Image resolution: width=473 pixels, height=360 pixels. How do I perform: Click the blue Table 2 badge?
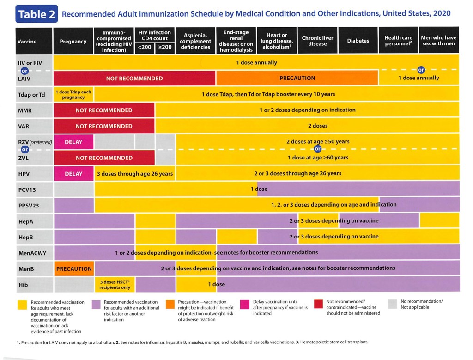coord(36,14)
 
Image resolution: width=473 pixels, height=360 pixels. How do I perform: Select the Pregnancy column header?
coord(73,41)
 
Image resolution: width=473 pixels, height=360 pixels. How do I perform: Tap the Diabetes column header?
coord(358,41)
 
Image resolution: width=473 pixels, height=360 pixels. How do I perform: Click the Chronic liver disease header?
coord(317,41)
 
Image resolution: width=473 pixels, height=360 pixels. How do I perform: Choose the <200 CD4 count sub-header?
coord(145,47)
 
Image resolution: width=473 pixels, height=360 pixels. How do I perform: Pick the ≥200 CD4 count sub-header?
coord(164,47)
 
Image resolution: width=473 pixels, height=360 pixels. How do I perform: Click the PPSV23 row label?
coord(27,205)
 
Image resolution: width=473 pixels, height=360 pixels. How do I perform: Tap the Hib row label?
coord(23,284)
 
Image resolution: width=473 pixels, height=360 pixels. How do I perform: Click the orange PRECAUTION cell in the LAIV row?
coord(297,78)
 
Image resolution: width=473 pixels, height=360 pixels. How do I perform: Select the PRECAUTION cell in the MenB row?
coord(74,268)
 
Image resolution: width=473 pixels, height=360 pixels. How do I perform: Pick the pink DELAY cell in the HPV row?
coord(73,174)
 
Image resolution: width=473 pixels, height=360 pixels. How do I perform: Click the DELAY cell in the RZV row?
coord(73,142)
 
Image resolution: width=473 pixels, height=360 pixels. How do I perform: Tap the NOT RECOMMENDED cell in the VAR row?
coord(104,126)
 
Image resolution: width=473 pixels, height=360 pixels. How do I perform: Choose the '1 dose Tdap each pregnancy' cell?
coord(73,94)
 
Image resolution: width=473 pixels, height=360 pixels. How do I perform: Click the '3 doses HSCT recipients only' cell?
coord(115,284)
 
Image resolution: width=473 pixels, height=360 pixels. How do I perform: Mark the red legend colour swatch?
coord(319,305)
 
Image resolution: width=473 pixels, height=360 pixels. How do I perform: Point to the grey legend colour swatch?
coord(393,305)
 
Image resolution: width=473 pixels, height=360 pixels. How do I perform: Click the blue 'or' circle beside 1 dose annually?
coord(421,70)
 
